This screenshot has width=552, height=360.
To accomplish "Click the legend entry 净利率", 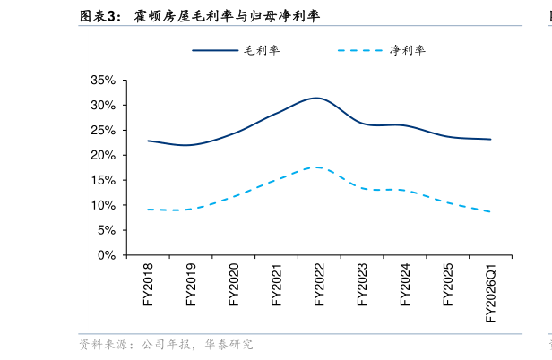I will [408, 50].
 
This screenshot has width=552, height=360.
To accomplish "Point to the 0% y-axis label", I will [108, 255].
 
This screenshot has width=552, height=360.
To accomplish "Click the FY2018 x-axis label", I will [149, 285].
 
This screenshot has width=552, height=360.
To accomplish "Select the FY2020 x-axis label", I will [234, 285].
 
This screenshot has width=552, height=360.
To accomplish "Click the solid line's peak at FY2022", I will [316, 98].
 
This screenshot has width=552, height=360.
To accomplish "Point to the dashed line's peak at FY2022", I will [316, 167].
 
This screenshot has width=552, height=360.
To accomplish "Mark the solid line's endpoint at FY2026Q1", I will [490, 139].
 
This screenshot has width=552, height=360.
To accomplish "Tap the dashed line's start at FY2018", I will [149, 210].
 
